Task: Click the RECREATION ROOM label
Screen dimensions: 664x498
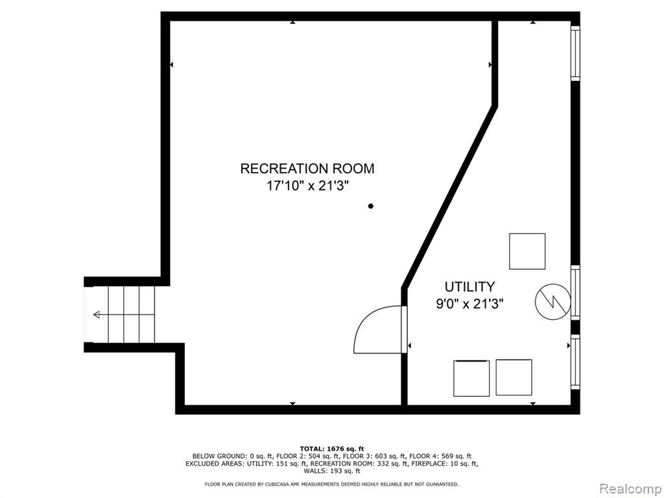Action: click(x=307, y=168)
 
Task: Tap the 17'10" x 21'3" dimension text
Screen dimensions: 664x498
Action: click(x=307, y=185)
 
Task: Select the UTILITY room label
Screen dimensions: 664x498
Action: click(x=469, y=287)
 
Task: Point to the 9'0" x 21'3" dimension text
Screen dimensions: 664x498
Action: click(x=469, y=303)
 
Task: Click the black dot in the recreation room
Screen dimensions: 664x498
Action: click(x=370, y=206)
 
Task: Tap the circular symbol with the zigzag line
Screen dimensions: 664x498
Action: click(x=553, y=302)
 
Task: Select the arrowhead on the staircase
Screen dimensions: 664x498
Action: click(x=97, y=314)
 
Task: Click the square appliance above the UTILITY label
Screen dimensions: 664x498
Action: click(x=527, y=251)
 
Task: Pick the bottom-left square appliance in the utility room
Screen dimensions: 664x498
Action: click(x=471, y=378)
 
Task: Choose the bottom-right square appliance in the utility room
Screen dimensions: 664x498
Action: click(x=514, y=377)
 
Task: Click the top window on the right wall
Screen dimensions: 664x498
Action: click(x=575, y=53)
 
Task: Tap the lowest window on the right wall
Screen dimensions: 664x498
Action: click(x=575, y=362)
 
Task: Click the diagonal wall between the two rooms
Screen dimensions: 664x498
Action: click(x=449, y=197)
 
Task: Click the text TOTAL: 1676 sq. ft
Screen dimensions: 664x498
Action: click(x=331, y=449)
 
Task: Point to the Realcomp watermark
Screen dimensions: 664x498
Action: click(x=630, y=488)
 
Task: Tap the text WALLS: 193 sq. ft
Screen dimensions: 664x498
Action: click(x=331, y=471)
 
